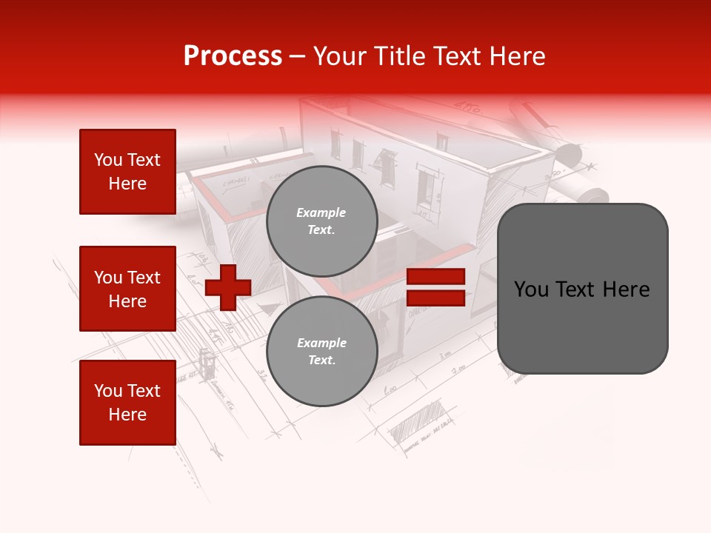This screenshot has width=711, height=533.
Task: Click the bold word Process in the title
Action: (x=233, y=56)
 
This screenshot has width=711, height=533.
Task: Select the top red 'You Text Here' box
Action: (x=127, y=172)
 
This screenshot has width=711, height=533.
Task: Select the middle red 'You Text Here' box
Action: (x=127, y=289)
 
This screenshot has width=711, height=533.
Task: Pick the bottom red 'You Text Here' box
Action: (x=127, y=403)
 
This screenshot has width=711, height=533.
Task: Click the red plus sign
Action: (x=228, y=286)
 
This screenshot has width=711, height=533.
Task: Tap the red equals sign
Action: (x=435, y=287)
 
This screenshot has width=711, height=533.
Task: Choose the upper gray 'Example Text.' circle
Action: (x=321, y=221)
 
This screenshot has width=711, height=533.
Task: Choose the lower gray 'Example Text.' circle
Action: (x=321, y=352)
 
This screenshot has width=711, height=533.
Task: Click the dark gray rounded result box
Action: (x=582, y=289)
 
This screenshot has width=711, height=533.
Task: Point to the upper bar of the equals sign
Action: (x=435, y=277)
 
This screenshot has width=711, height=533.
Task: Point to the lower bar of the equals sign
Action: (x=435, y=298)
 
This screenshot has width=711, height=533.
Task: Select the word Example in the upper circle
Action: (x=321, y=212)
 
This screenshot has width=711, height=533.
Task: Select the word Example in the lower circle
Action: (x=321, y=343)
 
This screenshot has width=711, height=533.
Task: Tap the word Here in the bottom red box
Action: (x=127, y=415)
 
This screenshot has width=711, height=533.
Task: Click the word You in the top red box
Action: (x=108, y=160)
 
